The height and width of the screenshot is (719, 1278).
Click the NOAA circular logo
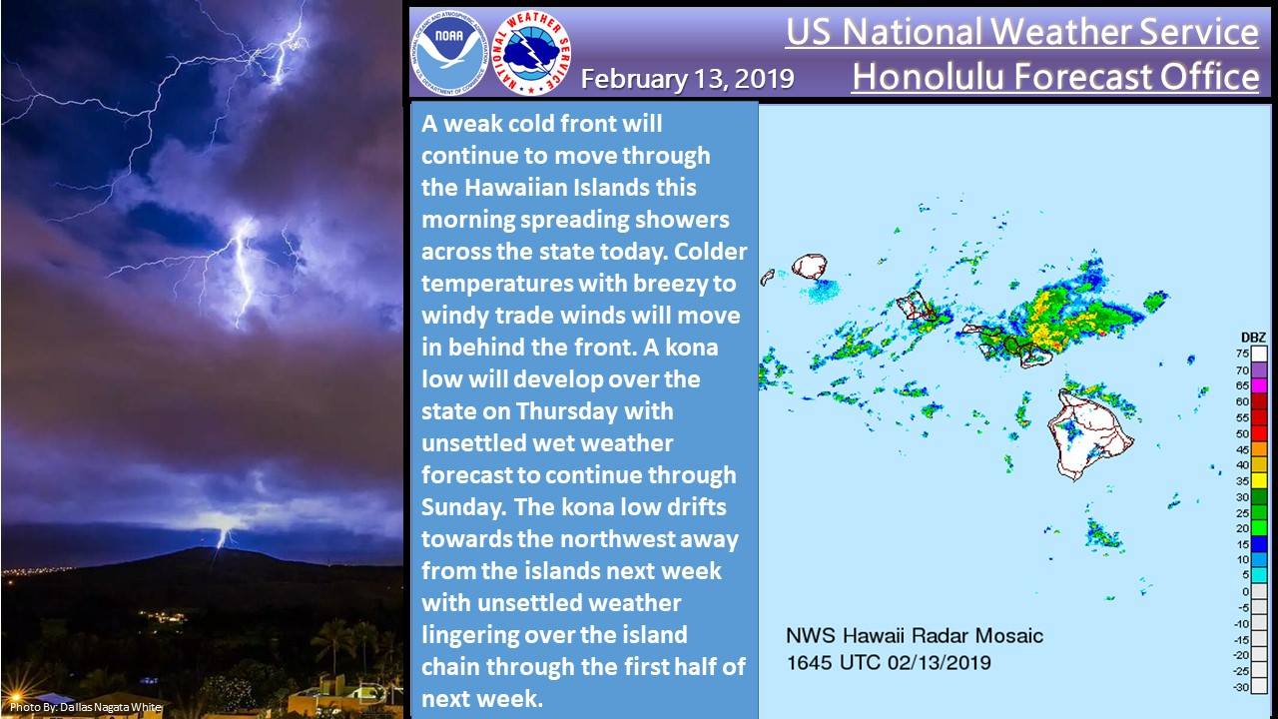pyautogui.click(x=449, y=53)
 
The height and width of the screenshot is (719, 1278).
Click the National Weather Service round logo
pyautogui.click(x=531, y=53)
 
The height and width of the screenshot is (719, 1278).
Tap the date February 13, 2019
pyautogui.click(x=688, y=79)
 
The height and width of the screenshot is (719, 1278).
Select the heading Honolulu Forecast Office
pyautogui.click(x=1055, y=77)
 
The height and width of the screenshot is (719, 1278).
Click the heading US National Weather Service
pyautogui.click(x=1021, y=31)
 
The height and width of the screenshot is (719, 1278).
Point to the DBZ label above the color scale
pyautogui.click(x=1253, y=338)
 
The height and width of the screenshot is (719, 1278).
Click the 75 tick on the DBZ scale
pyautogui.click(x=1243, y=354)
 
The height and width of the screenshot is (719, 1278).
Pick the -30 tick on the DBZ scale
pyautogui.click(x=1241, y=688)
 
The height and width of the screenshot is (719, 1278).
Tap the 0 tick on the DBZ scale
pyautogui.click(x=1245, y=592)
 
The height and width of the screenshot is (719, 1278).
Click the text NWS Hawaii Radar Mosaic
pyautogui.click(x=915, y=636)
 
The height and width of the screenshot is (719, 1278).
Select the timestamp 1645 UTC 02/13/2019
pyautogui.click(x=889, y=663)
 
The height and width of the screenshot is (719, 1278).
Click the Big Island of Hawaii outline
pyautogui.click(x=1089, y=433)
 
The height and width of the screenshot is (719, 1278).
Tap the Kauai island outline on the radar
pyautogui.click(x=809, y=267)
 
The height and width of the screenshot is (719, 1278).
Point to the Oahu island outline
pyautogui.click(x=915, y=306)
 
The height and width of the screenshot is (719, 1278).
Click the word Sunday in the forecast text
pyautogui.click(x=462, y=508)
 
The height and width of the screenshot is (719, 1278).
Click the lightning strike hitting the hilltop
pyautogui.click(x=222, y=538)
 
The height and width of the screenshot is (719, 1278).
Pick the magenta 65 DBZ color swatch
pyautogui.click(x=1259, y=385)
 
